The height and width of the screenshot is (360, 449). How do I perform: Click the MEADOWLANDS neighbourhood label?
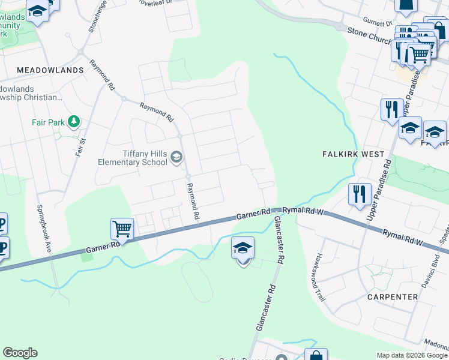pyautogui.click(x=50, y=70)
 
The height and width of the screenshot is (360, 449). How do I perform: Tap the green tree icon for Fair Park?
pyautogui.click(x=74, y=122)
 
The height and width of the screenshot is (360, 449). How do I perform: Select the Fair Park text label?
pyautogui.click(x=48, y=122)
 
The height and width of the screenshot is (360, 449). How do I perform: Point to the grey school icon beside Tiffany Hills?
pyautogui.click(x=176, y=158)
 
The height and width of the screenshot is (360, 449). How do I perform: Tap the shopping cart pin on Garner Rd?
pyautogui.click(x=122, y=229)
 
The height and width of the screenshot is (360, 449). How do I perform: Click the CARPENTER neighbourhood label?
pyautogui.click(x=393, y=297)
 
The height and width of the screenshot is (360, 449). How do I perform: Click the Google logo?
pyautogui.click(x=20, y=353)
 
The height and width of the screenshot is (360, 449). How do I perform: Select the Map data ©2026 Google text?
pyautogui.click(x=411, y=355)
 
